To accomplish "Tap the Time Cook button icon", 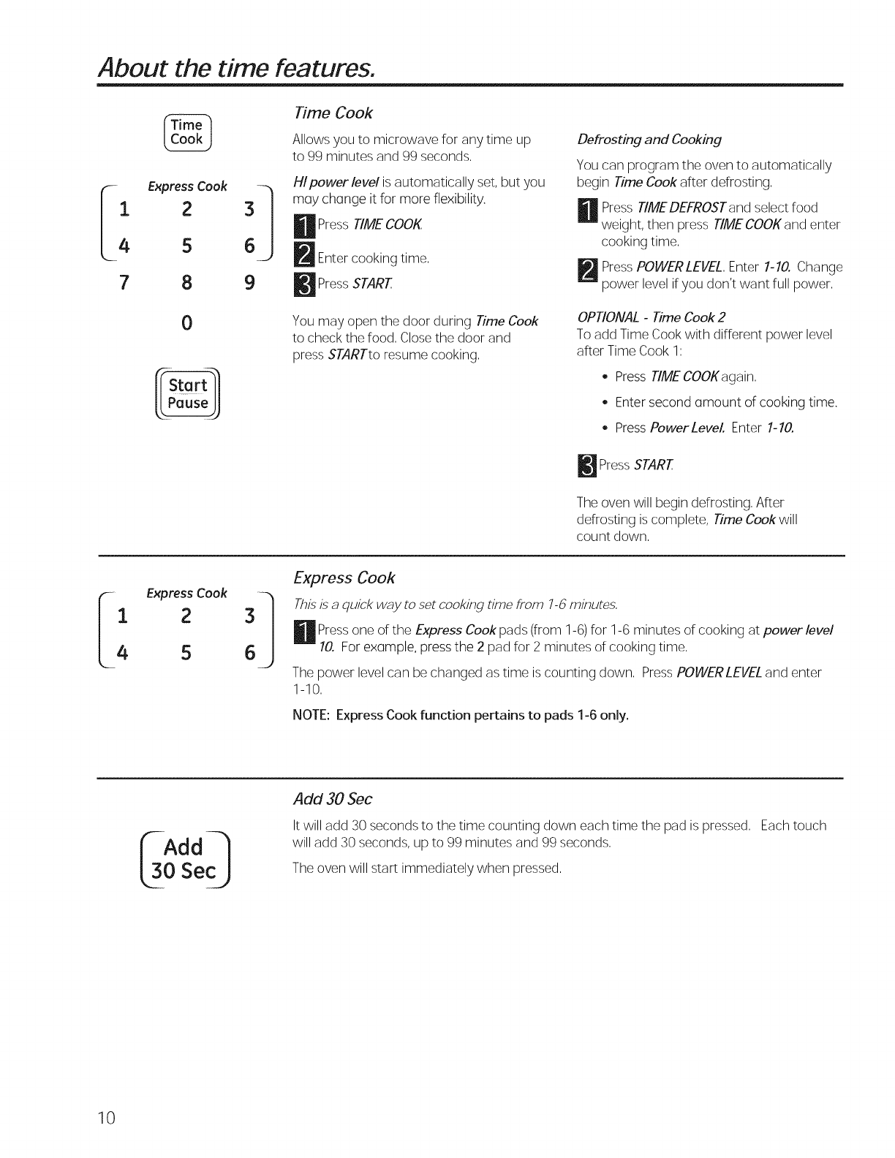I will click(186, 132).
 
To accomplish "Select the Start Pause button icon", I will click(188, 394).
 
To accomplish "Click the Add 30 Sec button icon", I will click(184, 859).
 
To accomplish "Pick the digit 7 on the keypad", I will click(124, 282).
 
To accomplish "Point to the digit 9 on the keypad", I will click(249, 282).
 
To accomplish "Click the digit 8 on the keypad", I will click(187, 282).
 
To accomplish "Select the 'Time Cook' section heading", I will click(333, 113).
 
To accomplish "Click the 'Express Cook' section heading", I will click(344, 578).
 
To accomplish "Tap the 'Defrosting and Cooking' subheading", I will click(649, 139).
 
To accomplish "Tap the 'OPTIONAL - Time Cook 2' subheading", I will click(651, 317).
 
